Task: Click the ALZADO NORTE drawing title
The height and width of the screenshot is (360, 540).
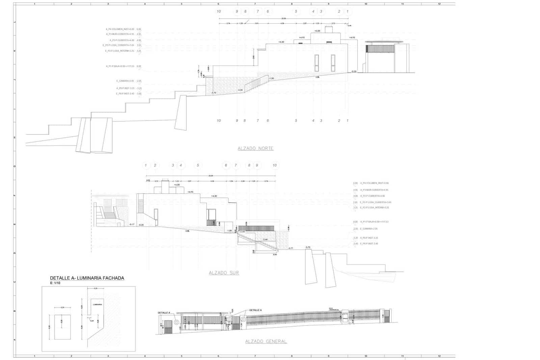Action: coord(255,148)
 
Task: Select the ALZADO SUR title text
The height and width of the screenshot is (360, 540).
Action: coord(224,273)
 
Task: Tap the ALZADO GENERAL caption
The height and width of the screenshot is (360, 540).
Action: coord(266,341)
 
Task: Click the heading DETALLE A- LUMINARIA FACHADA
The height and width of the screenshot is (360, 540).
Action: coord(87,278)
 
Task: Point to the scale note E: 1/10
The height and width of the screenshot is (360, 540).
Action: coord(55,283)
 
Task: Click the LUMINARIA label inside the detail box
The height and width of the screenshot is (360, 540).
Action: coord(97,304)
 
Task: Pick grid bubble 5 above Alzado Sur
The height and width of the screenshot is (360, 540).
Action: coord(198,165)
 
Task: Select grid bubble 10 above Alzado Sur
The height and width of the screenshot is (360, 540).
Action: coord(274,165)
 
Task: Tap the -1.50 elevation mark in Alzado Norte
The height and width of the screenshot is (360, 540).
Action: coord(271,78)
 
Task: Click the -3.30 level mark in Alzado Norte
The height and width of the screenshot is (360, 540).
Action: coord(240,90)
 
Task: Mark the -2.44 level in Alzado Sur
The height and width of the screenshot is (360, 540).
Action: coord(265,239)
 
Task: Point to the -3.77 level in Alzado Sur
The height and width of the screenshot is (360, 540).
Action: coord(291,248)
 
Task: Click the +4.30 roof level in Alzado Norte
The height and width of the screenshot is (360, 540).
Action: coord(281,42)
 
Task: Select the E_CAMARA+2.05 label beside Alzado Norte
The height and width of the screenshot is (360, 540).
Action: coord(125,81)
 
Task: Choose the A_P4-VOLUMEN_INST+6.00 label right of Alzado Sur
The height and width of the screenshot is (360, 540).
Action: coord(374,183)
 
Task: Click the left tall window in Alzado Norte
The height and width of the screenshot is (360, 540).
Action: coord(317,63)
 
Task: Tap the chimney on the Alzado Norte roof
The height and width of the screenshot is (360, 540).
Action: coord(328,30)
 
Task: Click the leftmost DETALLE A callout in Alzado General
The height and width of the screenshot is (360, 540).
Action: coord(164,313)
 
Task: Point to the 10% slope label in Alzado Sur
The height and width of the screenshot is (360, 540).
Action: coord(187,231)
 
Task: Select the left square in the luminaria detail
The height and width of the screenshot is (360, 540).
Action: coord(62,327)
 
